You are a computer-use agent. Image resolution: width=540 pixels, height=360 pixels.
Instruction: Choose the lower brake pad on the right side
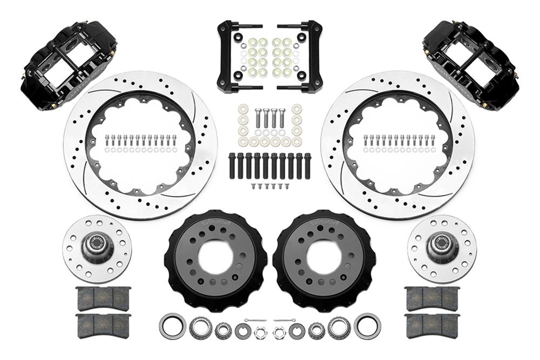tap(431, 326)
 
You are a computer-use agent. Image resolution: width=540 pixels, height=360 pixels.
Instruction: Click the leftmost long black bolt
tap(232, 167)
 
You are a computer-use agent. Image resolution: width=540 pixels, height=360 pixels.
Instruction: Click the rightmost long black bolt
tap(307, 167)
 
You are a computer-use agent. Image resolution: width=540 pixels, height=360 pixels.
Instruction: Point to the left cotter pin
tap(254, 321)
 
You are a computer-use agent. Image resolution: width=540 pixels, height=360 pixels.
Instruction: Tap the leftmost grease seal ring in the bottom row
tap(172, 327)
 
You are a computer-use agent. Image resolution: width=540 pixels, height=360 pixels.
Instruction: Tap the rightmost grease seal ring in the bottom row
tap(367, 327)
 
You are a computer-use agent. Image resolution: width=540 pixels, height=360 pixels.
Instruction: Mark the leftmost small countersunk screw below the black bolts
tap(253, 186)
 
